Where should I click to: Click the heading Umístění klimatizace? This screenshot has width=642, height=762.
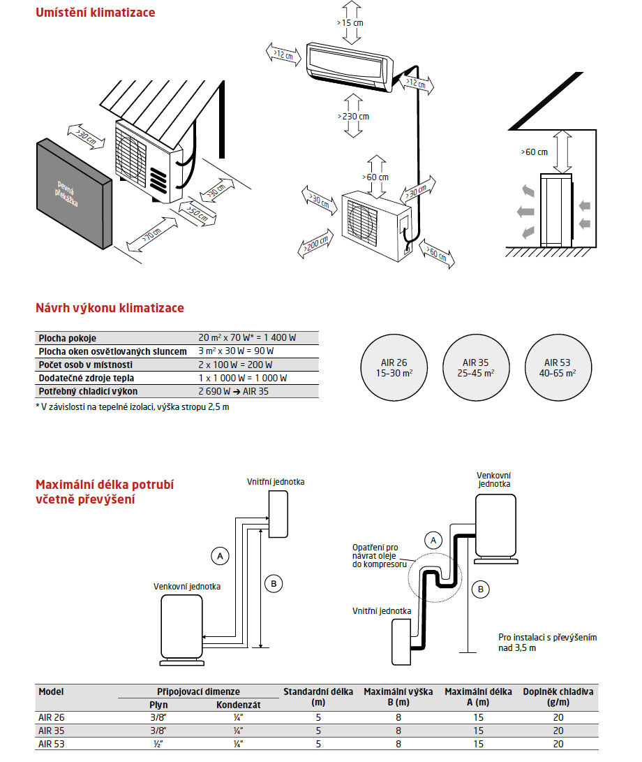[95, 13]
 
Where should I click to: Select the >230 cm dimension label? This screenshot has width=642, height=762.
[353, 117]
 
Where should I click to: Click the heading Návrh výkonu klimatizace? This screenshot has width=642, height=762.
[110, 308]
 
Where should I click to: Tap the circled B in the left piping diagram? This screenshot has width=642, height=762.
[274, 584]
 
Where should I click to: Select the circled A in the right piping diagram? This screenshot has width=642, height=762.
[433, 540]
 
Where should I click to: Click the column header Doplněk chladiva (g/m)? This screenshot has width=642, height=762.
[558, 697]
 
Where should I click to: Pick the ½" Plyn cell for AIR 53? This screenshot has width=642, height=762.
[159, 744]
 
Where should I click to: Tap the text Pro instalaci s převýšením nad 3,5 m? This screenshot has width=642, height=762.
[547, 643]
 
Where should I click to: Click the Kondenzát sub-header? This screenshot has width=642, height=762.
[238, 705]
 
